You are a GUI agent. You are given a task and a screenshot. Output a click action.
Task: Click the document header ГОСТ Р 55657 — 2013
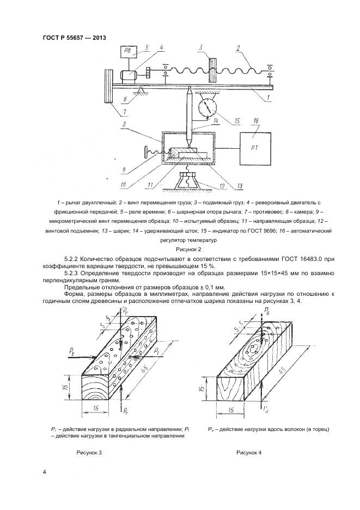pyautogui.click(x=74, y=38)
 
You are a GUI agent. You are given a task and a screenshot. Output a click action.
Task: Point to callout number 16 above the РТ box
pyautogui.click(x=255, y=120)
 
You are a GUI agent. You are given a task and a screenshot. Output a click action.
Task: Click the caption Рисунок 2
pyautogui.click(x=180, y=248)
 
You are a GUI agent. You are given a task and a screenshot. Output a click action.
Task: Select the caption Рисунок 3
pyautogui.click(x=89, y=452)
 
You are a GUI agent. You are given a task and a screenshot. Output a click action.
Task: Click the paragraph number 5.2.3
pyautogui.click(x=72, y=272)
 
